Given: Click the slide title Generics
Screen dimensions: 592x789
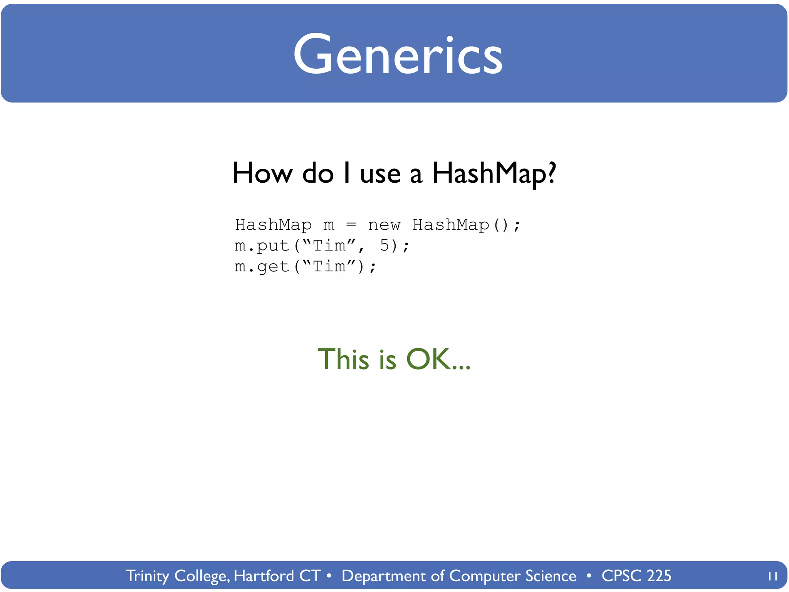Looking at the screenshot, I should tap(398, 55).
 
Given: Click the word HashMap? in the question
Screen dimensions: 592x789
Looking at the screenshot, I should tap(494, 173).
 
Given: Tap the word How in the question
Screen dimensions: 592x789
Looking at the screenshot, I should tap(262, 173).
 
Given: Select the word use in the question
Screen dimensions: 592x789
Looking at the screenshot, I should tap(380, 174).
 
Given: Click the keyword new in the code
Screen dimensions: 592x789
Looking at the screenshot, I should tap(384, 225).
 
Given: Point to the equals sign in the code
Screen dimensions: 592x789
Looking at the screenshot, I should tap(351, 225).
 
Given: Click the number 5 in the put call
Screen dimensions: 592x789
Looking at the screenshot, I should tap(384, 246).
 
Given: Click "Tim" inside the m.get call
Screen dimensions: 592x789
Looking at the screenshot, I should tap(329, 266).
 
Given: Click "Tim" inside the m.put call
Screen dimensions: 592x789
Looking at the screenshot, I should tap(329, 246).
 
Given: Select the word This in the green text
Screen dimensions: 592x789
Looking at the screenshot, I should tap(343, 359).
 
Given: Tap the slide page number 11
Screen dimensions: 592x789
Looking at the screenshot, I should tap(772, 576).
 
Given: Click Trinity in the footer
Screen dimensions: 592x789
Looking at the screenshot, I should tap(148, 576).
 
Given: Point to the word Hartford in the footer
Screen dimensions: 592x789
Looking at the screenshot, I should tap(264, 576).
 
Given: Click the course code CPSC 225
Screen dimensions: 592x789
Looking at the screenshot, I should tap(636, 576).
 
